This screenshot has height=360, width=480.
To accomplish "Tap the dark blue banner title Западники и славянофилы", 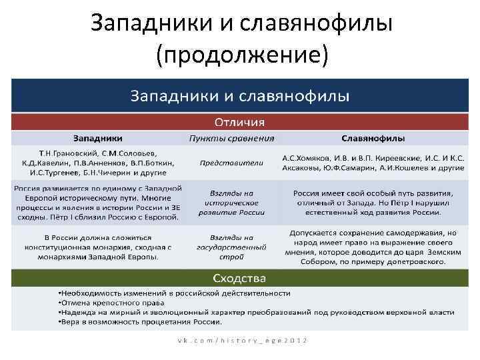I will click(239, 95).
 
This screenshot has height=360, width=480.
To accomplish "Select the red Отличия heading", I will click(239, 123).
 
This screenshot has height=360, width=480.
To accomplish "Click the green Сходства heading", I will click(239, 277).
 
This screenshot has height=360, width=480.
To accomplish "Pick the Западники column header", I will click(98, 138).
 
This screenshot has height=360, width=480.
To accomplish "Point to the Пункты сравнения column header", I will click(231, 138).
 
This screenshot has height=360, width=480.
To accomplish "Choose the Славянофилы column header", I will click(373, 138).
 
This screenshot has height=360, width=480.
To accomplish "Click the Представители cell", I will click(231, 162).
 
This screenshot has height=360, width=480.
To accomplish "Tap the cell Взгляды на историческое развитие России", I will click(231, 202).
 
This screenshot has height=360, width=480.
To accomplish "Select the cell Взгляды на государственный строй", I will click(231, 247).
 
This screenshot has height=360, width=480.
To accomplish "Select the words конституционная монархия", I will click(77, 247).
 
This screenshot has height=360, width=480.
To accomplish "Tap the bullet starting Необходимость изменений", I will click(174, 293).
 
